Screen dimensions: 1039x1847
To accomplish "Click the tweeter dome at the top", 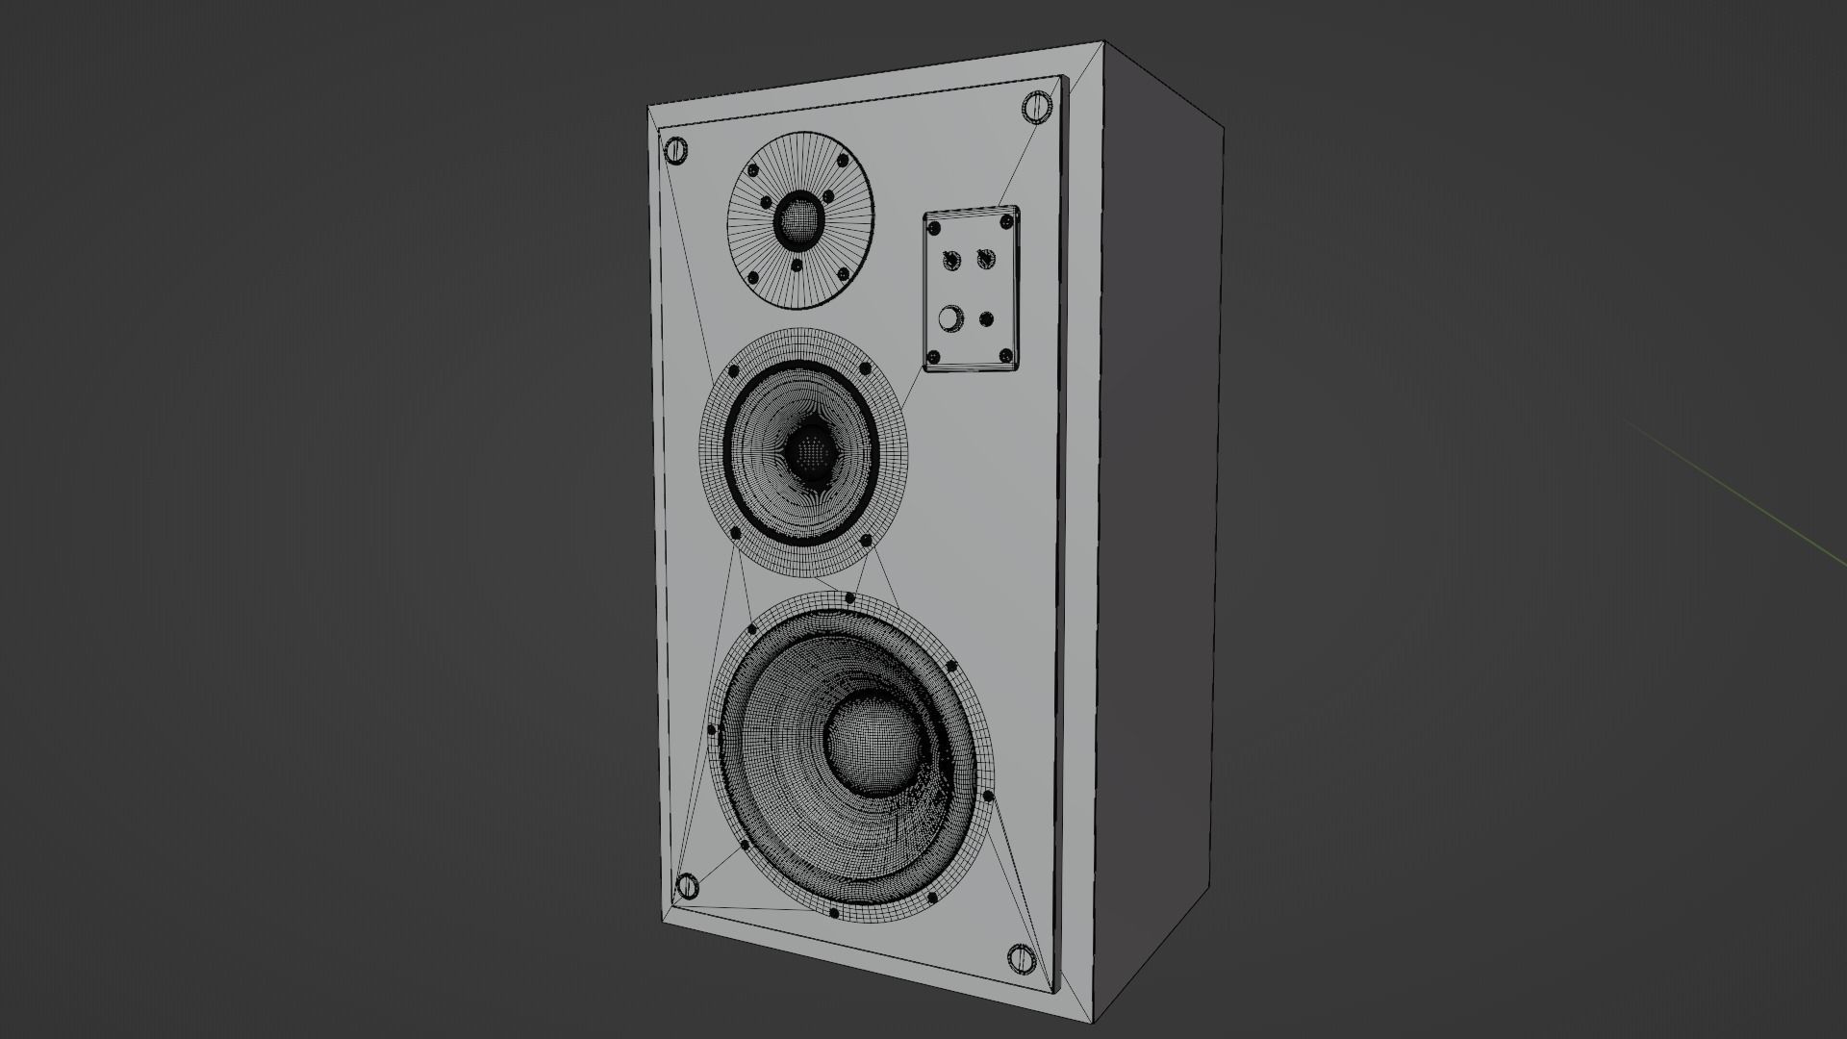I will pyautogui.click(x=797, y=220).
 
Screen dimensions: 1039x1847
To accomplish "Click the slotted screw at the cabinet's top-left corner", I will pyautogui.click(x=675, y=150).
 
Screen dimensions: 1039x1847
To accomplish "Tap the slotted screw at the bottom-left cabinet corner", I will pyautogui.click(x=688, y=886).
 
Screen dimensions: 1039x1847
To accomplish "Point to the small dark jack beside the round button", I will pyautogui.click(x=986, y=319).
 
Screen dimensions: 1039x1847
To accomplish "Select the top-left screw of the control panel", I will pyautogui.click(x=934, y=228).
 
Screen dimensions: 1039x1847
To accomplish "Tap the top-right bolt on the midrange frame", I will pyautogui.click(x=865, y=368).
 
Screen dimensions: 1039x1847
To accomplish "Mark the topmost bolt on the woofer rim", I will pyautogui.click(x=849, y=598).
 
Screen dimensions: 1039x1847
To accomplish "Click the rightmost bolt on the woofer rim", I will pyautogui.click(x=988, y=796).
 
